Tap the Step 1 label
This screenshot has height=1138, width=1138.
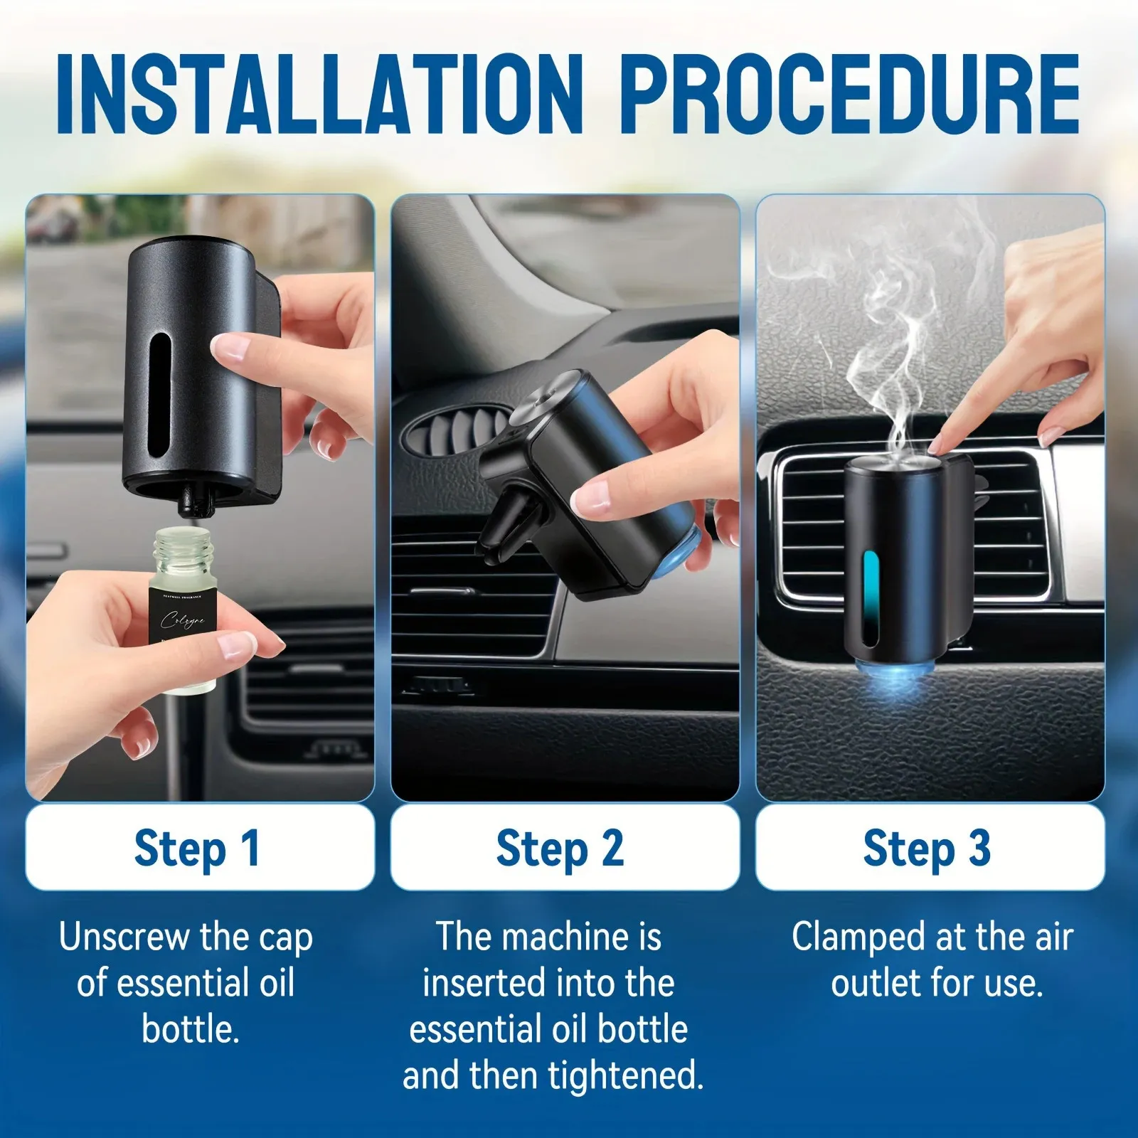coord(198,848)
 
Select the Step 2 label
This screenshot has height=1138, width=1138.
coord(560,848)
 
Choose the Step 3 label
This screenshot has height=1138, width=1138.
coord(927,848)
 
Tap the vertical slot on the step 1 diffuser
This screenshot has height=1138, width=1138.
coord(161,398)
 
